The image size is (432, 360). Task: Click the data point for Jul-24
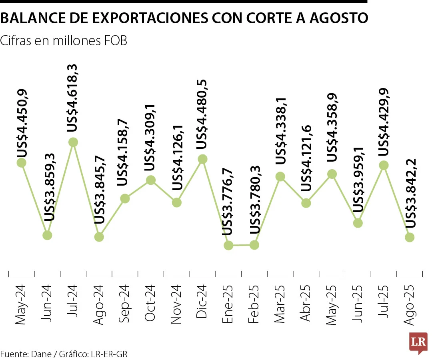point(73,142)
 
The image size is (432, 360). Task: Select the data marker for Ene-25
point(228,245)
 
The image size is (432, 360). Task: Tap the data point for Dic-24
point(202,159)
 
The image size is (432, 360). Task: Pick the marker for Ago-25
point(409,237)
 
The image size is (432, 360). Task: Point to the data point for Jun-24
point(47,235)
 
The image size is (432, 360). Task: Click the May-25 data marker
point(332,174)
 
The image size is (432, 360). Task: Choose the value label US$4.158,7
point(124,152)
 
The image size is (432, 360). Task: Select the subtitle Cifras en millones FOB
point(64,41)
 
